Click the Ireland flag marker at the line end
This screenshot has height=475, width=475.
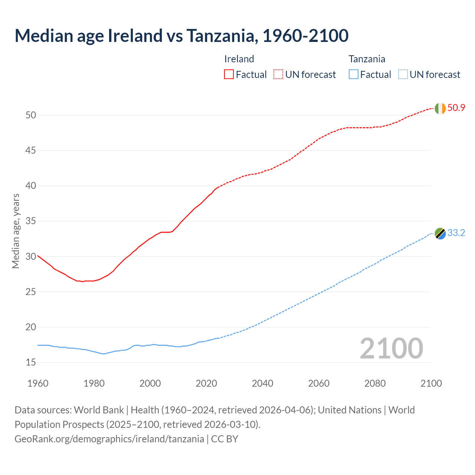click(440, 108)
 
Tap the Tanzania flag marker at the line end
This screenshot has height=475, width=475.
click(440, 233)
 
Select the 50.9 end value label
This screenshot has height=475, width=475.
click(456, 108)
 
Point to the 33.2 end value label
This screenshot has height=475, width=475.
click(456, 233)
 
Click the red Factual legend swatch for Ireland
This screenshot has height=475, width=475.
click(229, 75)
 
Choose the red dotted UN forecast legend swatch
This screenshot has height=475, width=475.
click(278, 75)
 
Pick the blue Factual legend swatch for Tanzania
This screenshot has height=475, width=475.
click(354, 75)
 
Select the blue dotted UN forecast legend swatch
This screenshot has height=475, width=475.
click(403, 75)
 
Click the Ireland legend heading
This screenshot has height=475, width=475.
click(239, 59)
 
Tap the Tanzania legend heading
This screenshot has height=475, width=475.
click(367, 59)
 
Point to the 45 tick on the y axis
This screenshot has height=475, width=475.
click(31, 151)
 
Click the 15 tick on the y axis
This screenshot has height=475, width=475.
click(31, 363)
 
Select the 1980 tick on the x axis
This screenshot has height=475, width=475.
click(94, 383)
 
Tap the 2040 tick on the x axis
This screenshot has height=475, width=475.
click(262, 383)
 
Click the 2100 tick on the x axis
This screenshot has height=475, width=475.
click(431, 383)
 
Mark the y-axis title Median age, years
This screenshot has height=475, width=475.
click(16, 231)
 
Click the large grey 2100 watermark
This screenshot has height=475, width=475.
click(391, 348)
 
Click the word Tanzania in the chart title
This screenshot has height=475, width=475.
click(222, 36)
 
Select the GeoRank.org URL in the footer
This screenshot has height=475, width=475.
click(109, 439)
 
